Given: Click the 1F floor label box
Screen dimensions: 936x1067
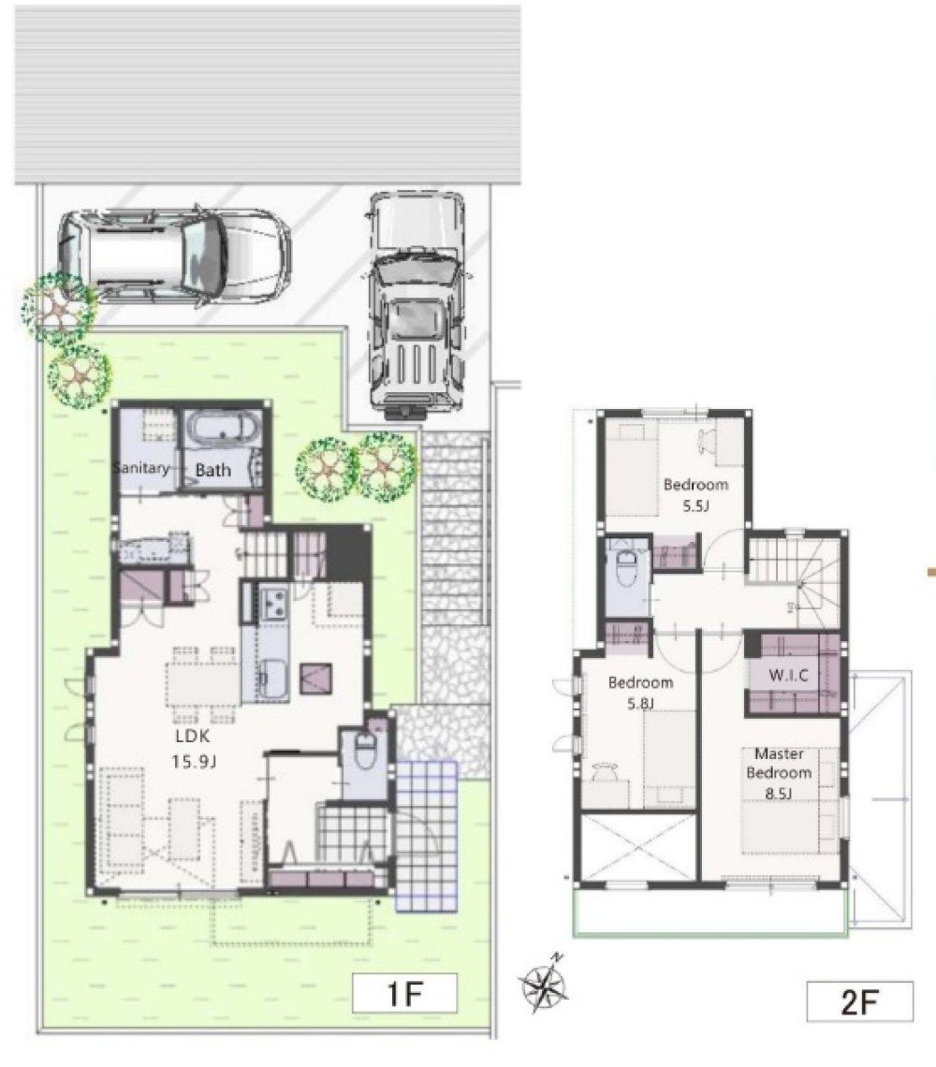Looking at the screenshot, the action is (404, 993).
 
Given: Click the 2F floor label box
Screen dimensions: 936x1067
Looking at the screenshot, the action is (860, 1001).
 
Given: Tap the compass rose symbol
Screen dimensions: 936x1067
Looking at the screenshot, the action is (545, 984).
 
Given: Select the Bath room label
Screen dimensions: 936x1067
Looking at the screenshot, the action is (213, 470).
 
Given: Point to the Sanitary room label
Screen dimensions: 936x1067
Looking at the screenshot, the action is (141, 467).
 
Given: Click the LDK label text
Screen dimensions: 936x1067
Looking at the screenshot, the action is (193, 736).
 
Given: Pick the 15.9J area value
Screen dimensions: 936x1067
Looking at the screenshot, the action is (194, 761).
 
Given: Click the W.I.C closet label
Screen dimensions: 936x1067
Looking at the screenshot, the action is (789, 675).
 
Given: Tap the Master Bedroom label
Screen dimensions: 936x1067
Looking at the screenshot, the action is (780, 763).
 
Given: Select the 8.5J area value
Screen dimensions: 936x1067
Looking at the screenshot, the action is (778, 793).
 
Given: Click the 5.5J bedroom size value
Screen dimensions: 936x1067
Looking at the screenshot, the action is (696, 505).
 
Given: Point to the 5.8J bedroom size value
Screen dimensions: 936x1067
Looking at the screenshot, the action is (640, 703).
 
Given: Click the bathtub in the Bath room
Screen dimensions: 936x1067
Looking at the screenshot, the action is (223, 431).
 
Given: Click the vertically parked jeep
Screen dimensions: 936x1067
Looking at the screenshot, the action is (417, 305).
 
